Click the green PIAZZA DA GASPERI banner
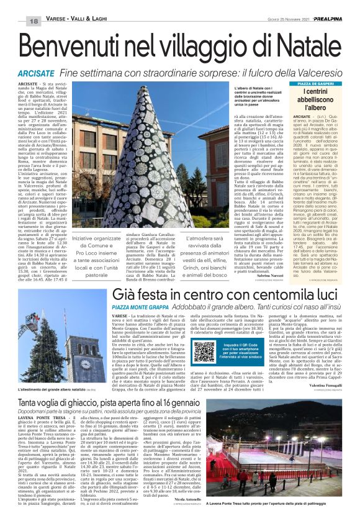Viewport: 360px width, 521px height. point(320,83)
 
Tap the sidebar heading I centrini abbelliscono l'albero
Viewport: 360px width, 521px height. point(319,100)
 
